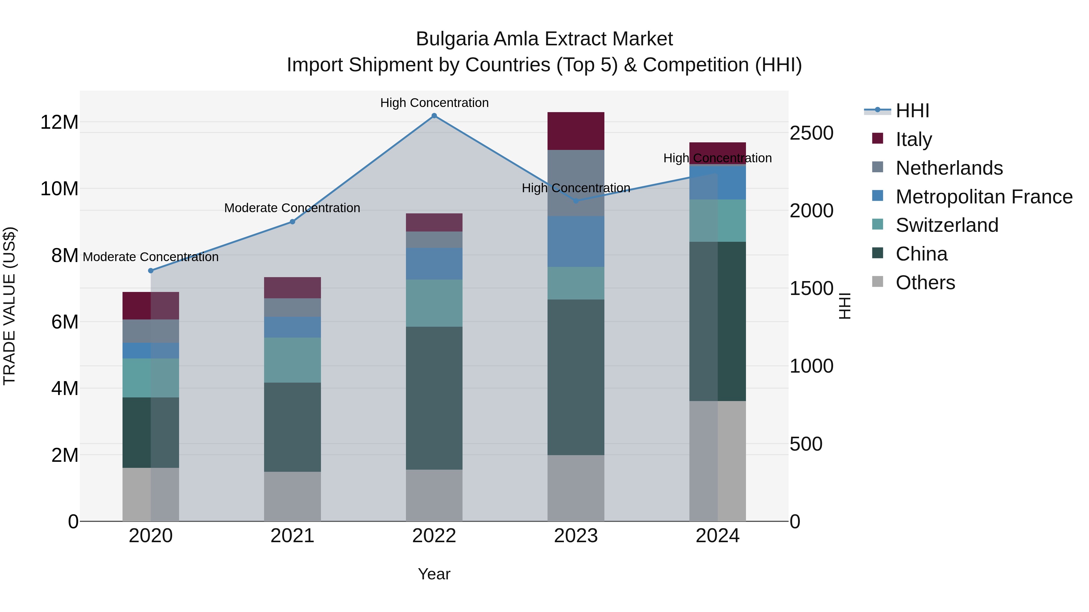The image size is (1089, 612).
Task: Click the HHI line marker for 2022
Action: [434, 116]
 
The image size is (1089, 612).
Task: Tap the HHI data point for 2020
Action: [151, 271]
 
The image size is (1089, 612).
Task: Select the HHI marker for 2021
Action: [293, 222]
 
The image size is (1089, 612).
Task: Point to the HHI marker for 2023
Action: [576, 201]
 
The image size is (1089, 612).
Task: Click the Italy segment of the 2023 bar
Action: [576, 131]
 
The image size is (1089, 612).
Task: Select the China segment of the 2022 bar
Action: [434, 398]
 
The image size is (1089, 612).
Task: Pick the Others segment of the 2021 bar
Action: [293, 496]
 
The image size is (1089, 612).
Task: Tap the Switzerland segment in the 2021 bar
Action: [293, 360]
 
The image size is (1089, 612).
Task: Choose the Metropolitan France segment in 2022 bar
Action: [434, 264]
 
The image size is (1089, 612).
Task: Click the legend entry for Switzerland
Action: [947, 225]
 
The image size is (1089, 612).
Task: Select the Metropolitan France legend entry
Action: [984, 197]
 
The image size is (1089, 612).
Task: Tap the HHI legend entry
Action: [912, 111]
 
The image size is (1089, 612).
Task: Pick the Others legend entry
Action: [925, 283]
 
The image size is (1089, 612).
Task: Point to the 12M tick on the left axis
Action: [59, 122]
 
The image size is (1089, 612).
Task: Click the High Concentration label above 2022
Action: [434, 103]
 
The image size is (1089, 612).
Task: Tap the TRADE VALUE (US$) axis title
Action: [9, 306]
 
